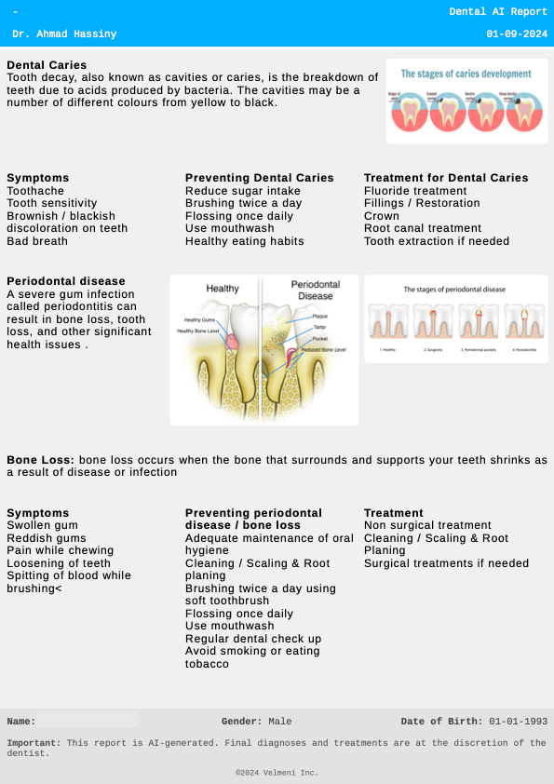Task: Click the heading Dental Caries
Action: (x=47, y=65)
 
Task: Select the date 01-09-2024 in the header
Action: (x=517, y=34)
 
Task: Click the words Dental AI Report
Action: (x=498, y=12)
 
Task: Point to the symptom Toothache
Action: (x=35, y=191)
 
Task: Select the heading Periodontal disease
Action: (x=66, y=281)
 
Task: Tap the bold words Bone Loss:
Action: (x=41, y=460)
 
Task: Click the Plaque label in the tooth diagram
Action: (x=319, y=318)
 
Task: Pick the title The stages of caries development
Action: (x=466, y=74)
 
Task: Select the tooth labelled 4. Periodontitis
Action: (x=525, y=322)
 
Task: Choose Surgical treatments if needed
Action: (x=446, y=563)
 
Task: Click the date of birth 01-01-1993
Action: (x=518, y=722)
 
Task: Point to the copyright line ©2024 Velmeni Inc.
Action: (x=277, y=773)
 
